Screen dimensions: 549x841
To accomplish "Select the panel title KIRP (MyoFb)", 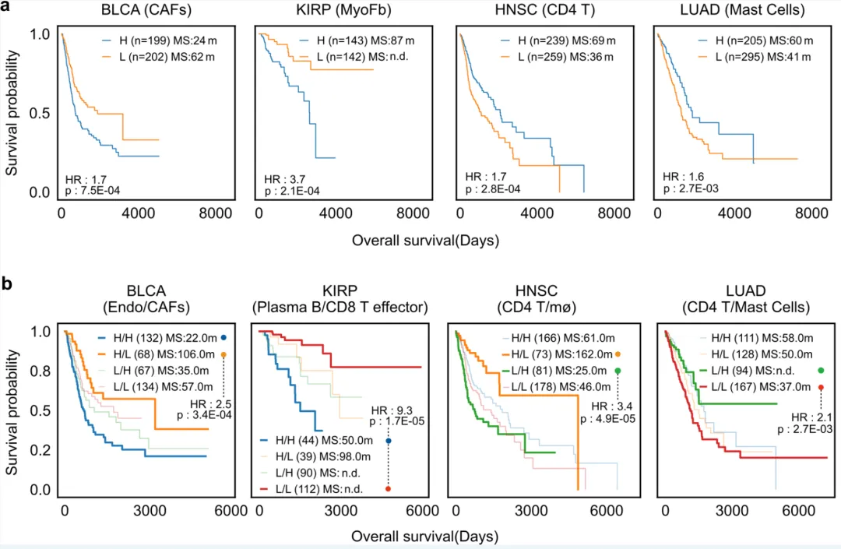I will [343, 12].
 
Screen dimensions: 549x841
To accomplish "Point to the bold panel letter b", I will [8, 285].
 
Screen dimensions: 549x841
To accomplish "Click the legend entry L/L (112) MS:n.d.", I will [320, 489].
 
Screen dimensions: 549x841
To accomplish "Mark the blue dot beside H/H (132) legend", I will [224, 337].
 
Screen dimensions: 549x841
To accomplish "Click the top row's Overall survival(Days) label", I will [425, 241].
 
